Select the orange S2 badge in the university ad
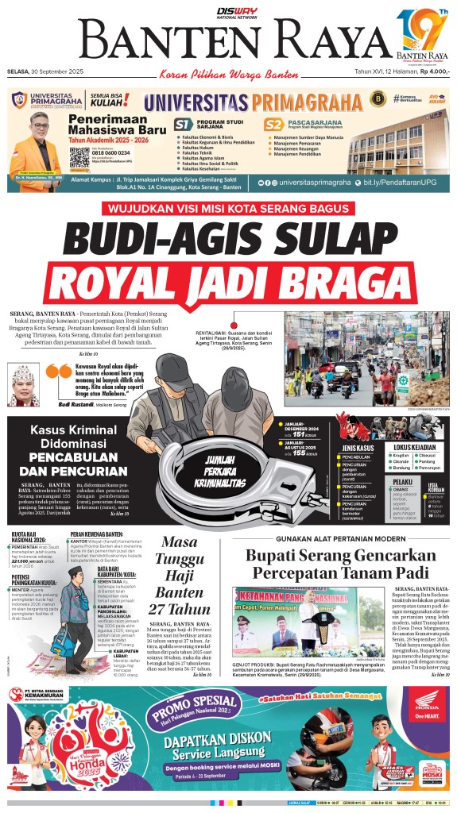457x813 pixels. [274, 124]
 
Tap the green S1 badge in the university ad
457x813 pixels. [184, 124]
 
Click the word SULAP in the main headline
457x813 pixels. [313, 237]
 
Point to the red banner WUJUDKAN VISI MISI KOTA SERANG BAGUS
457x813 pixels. [228, 209]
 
